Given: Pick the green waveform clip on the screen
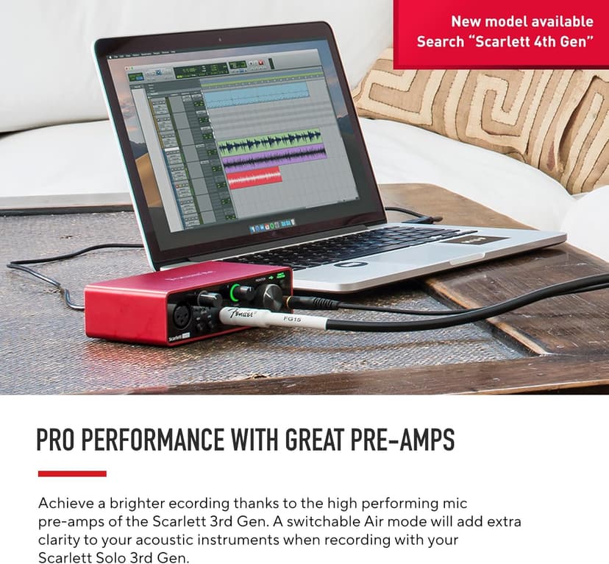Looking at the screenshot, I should point(271,140).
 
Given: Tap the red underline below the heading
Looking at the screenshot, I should point(72,473).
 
